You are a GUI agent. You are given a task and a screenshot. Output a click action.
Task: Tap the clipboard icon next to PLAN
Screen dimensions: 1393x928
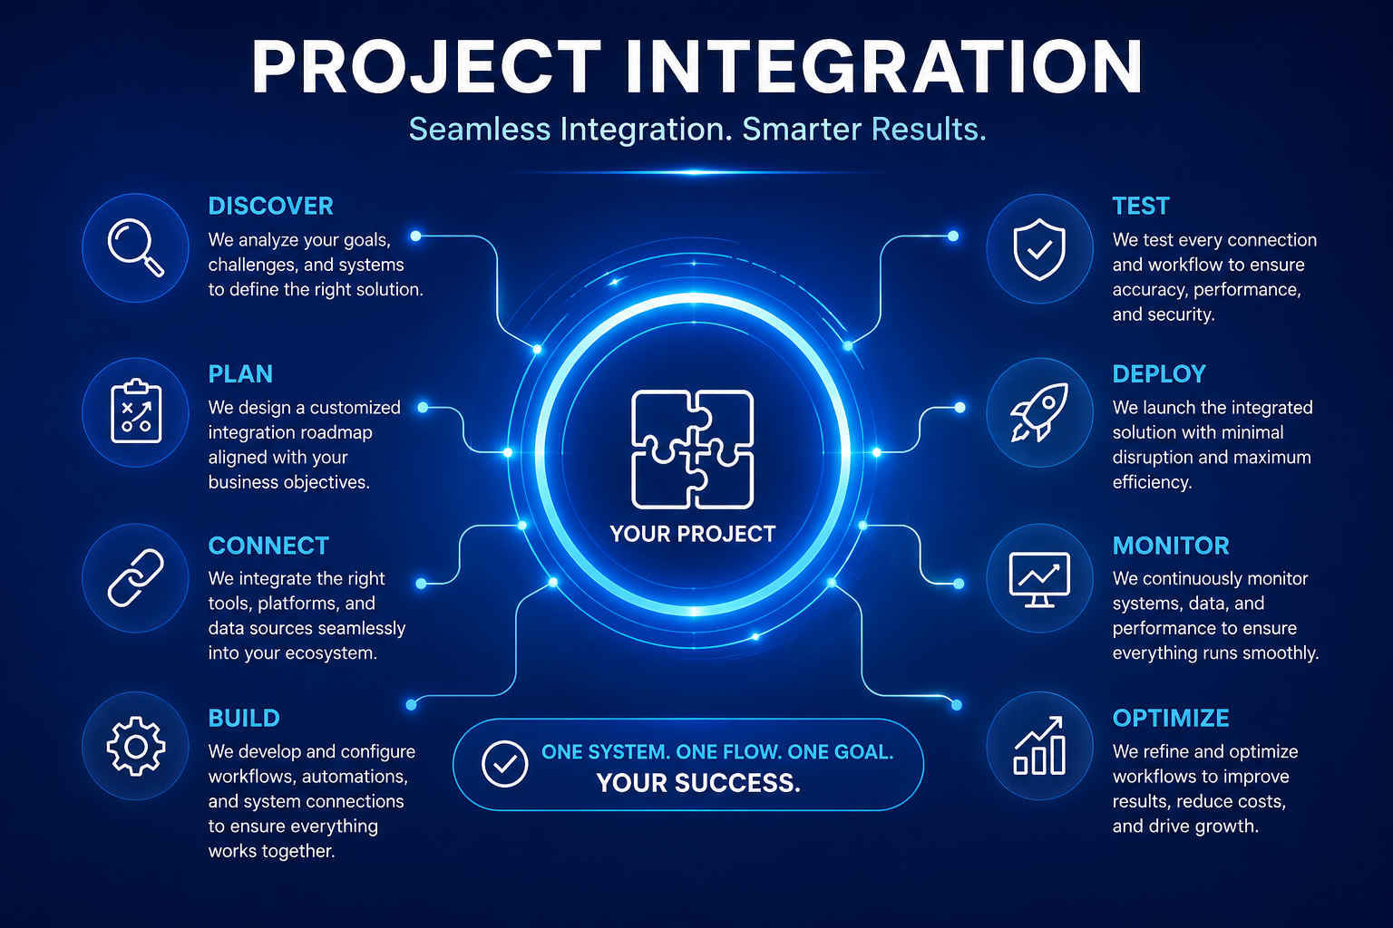pyautogui.click(x=135, y=411)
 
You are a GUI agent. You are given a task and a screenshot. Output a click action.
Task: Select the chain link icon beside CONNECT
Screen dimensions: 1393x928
pyautogui.click(x=135, y=577)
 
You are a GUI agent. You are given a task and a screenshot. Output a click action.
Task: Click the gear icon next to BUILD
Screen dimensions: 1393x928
pyautogui.click(x=135, y=746)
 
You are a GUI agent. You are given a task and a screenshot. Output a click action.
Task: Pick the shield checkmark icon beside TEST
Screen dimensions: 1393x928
pyautogui.click(x=1039, y=248)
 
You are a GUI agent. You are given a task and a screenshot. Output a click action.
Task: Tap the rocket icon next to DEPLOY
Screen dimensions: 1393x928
pyautogui.click(x=1039, y=412)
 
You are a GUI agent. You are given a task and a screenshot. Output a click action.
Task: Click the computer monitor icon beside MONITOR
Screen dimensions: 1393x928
pyautogui.click(x=1039, y=579)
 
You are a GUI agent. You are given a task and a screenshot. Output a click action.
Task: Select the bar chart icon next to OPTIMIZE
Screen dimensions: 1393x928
pyautogui.click(x=1039, y=746)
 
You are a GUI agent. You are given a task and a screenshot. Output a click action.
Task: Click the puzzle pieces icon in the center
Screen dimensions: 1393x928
pyautogui.click(x=692, y=449)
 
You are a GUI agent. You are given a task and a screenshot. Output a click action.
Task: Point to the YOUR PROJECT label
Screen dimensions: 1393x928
pyautogui.click(x=692, y=534)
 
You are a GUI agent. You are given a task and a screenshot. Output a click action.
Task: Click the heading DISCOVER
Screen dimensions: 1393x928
pyautogui.click(x=270, y=206)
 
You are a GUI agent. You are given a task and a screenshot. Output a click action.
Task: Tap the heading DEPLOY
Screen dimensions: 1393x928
pyautogui.click(x=1159, y=374)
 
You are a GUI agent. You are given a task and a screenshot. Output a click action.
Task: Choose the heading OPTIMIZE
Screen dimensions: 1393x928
pyautogui.click(x=1171, y=718)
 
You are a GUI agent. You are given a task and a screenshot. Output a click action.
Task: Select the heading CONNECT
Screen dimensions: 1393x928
pyautogui.click(x=268, y=546)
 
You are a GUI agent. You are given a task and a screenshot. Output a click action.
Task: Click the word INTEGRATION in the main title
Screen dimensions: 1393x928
pyautogui.click(x=883, y=66)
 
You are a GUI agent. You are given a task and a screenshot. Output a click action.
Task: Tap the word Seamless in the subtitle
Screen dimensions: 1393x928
pyautogui.click(x=480, y=130)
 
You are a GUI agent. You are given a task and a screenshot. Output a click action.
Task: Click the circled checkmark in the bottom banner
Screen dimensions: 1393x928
pyautogui.click(x=504, y=764)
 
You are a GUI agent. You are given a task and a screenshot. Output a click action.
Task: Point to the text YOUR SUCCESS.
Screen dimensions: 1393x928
pyautogui.click(x=698, y=783)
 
